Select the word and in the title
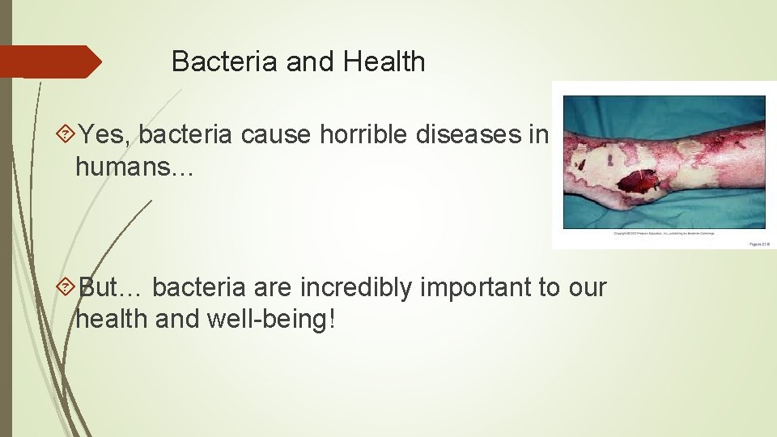click(308, 62)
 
